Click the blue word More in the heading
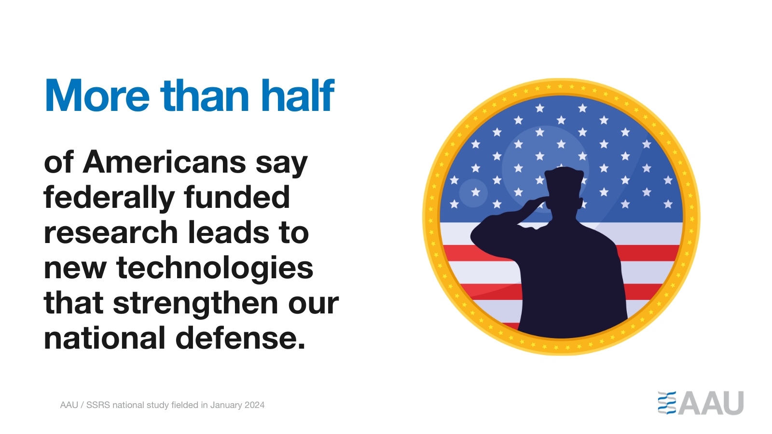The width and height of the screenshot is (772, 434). point(97,95)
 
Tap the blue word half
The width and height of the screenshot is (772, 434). point(298,95)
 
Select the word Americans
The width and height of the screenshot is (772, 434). point(164,162)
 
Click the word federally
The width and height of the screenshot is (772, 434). point(109,198)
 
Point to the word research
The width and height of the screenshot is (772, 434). point(110,233)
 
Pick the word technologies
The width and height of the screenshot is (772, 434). point(215,269)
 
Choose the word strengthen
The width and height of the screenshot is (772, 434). point(195,304)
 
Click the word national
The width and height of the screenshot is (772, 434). point(105,338)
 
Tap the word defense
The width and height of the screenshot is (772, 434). point(240,338)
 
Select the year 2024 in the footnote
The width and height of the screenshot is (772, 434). point(254,405)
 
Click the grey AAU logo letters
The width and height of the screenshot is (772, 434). point(711,403)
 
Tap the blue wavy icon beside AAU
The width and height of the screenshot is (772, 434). point(666,403)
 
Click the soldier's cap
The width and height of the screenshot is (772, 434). point(564,176)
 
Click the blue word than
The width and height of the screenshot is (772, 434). point(205,95)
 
